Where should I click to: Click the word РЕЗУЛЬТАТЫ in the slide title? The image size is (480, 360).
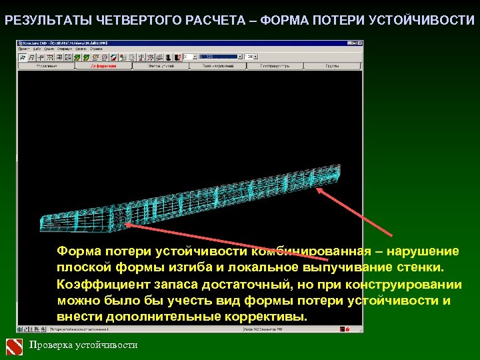[41, 20]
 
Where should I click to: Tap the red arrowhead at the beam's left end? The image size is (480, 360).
[126, 226]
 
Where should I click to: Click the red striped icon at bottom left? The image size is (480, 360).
[15, 345]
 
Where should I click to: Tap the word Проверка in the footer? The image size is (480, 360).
[51, 345]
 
